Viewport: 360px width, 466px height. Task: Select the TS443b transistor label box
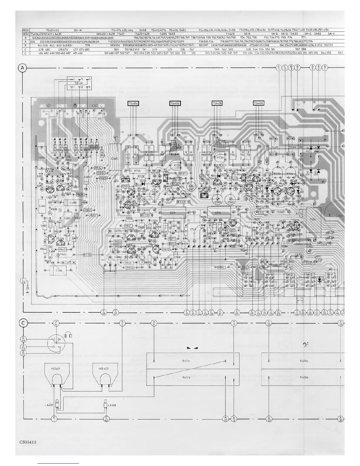pyautogui.click(x=217, y=103)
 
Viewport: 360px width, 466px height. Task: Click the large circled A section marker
pyautogui.click(x=23, y=68)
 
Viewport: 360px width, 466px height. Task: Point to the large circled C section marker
pyautogui.click(x=24, y=323)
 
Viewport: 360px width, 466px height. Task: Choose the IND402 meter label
pyautogui.click(x=104, y=369)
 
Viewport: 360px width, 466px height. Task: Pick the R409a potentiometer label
pyautogui.click(x=304, y=360)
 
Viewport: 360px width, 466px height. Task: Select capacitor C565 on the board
pyautogui.click(x=115, y=159)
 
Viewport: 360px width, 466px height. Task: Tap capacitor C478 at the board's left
pyautogui.click(x=41, y=158)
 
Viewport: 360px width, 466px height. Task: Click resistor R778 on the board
pyautogui.click(x=87, y=254)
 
